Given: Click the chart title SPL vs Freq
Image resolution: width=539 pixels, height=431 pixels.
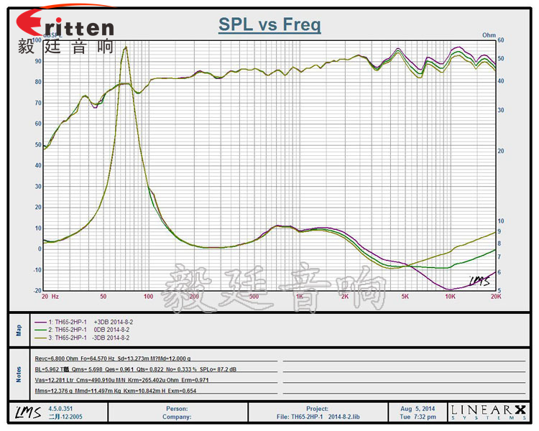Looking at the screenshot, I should click(269, 26).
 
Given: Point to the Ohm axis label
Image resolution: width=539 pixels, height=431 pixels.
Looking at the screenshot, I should click(489, 34).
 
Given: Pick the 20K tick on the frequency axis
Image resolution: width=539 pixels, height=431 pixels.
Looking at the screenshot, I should click(495, 296).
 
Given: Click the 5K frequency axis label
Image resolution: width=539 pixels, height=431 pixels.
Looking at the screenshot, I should click(405, 296).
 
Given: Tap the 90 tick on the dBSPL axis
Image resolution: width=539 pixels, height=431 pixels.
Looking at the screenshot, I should click(38, 61).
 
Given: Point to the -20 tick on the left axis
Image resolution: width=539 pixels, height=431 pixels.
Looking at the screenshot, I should click(37, 290).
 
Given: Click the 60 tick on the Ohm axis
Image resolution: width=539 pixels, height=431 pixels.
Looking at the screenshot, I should click(501, 40).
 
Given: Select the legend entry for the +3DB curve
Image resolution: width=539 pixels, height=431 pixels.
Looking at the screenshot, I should click(83, 323).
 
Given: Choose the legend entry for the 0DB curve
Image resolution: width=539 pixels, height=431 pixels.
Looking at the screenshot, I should click(83, 330).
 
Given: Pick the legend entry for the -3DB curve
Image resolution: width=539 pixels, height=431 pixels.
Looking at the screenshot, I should click(83, 337).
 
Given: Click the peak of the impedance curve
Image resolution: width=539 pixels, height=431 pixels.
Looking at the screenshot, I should click(126, 47).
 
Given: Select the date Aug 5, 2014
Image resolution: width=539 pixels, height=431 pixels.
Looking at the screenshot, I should click(417, 408).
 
